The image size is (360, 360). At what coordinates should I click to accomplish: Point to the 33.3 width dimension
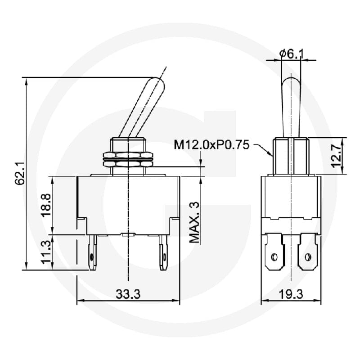point(128,294)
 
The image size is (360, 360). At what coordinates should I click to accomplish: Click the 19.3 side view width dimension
point(291,294)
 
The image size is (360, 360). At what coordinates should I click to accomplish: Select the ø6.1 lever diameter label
point(291,54)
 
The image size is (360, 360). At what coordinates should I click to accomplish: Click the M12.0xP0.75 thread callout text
point(211,145)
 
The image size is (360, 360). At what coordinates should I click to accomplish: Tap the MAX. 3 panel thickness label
point(194,222)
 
